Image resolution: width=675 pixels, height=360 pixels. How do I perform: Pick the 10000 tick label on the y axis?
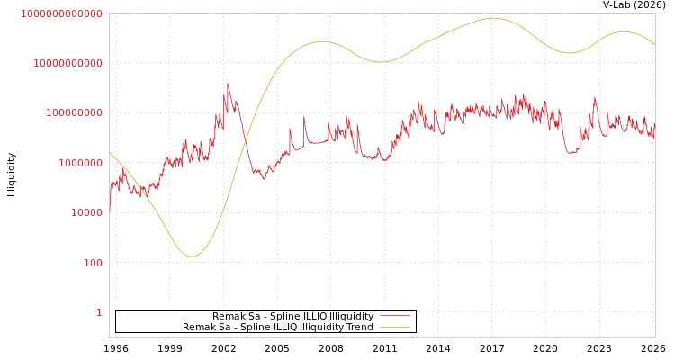pyautogui.click(x=86, y=213)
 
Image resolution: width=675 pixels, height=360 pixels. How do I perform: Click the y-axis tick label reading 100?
pyautogui.click(x=93, y=263)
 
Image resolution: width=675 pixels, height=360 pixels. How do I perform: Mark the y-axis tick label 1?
pyautogui.click(x=99, y=312)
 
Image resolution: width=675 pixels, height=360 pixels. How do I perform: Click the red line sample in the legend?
pyautogui.click(x=394, y=317)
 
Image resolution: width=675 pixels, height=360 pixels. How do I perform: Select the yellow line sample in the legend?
pyautogui.click(x=394, y=328)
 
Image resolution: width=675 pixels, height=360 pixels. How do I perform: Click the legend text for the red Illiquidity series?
pyautogui.click(x=292, y=317)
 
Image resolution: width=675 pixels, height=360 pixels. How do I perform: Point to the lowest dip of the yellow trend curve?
pyautogui.click(x=191, y=256)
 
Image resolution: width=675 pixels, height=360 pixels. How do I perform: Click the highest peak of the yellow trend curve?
pyautogui.click(x=492, y=18)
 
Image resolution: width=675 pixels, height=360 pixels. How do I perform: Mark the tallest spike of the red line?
pyautogui.click(x=228, y=84)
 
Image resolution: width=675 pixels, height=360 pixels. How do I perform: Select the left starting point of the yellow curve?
pyautogui.click(x=110, y=153)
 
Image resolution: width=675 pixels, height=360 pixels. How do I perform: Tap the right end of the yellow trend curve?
pyautogui.click(x=654, y=45)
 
